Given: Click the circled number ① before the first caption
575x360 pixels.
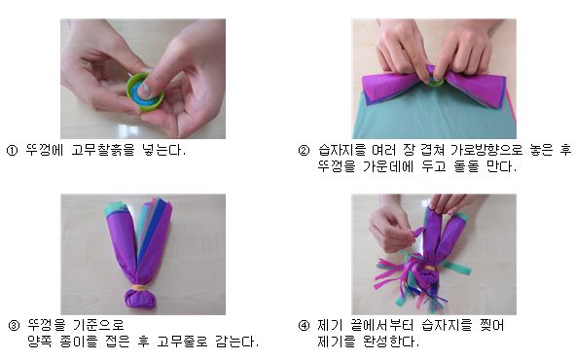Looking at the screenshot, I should (x=13, y=151).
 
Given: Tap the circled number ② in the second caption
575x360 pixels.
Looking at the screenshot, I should (x=304, y=151).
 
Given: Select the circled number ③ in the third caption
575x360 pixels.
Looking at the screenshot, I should (x=13, y=325).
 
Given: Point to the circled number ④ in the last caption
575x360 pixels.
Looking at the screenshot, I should (x=304, y=325).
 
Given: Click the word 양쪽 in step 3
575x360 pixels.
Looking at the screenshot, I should (x=42, y=342).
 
